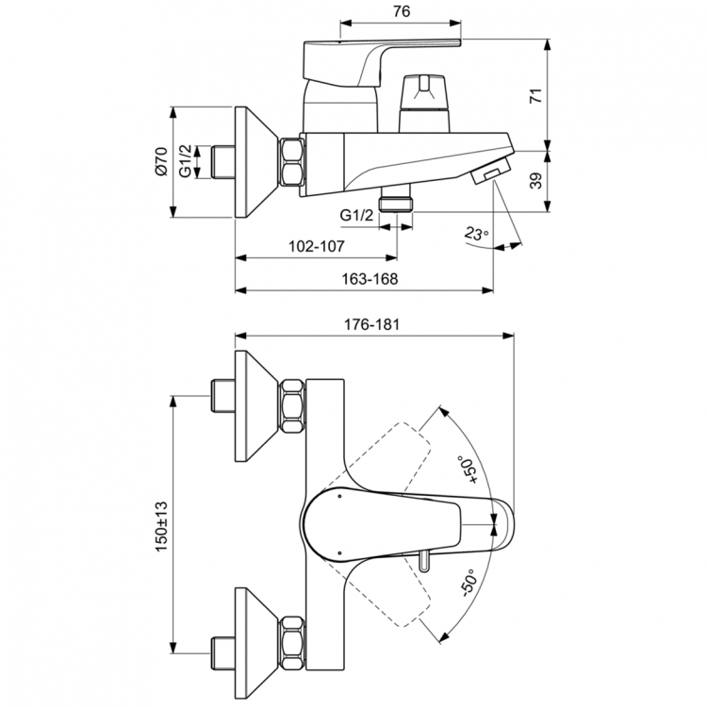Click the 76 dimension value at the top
pos(401,12)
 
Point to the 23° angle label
pos(478,234)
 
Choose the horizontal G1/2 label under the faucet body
pos(357,216)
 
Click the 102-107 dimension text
pos(315,245)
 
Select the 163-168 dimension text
pos(368,279)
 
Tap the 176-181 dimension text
pos(374,323)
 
